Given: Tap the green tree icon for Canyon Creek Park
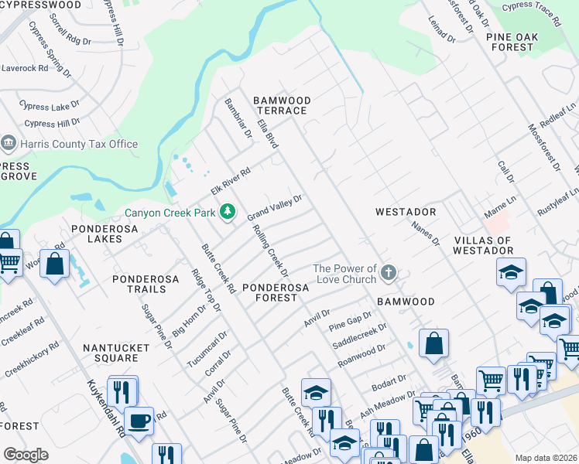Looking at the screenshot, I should [227, 211].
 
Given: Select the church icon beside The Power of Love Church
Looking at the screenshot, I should [389, 274].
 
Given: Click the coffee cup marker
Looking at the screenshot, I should [139, 421].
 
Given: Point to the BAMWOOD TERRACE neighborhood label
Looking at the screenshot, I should [283, 106].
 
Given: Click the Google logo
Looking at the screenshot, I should [26, 455].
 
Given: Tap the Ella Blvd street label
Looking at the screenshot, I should [268, 134].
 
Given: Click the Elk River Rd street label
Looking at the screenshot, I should [231, 182].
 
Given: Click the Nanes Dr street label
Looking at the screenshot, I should [425, 234].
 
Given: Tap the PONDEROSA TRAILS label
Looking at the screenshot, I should [139, 284].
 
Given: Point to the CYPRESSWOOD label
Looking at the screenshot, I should [41, 5].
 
